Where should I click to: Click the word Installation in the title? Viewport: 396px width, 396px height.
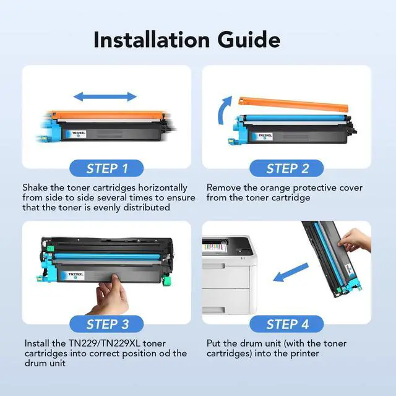[152, 40]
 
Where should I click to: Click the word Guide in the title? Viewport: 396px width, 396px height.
[249, 40]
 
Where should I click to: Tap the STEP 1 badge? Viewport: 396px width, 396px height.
[106, 168]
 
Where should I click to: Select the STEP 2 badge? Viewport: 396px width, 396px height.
[286, 168]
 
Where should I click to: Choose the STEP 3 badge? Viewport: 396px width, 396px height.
[106, 324]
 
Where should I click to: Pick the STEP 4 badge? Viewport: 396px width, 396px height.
[286, 324]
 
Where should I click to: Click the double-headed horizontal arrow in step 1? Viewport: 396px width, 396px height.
[105, 97]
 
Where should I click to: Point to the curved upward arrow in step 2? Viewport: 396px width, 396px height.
[224, 110]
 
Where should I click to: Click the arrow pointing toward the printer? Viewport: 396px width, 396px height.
[291, 272]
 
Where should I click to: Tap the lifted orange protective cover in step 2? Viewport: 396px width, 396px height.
[293, 104]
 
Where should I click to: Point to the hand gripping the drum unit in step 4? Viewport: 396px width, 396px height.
[355, 241]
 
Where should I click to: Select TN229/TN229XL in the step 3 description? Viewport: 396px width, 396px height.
[105, 343]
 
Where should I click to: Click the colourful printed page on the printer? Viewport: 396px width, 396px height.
[213, 246]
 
